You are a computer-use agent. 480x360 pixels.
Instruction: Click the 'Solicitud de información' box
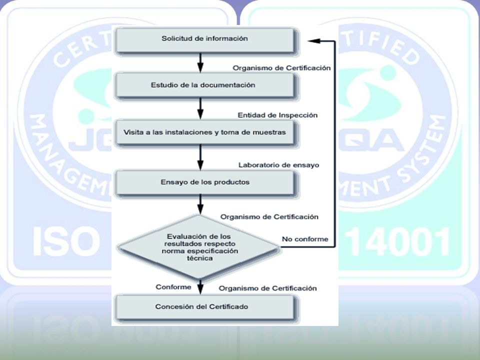pyautogui.click(x=205, y=40)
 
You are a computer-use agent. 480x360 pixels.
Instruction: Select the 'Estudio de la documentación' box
pyautogui.click(x=205, y=86)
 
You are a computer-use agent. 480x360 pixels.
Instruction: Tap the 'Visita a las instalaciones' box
pyautogui.click(x=205, y=133)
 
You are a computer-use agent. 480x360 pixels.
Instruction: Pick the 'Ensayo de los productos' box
pyautogui.click(x=205, y=183)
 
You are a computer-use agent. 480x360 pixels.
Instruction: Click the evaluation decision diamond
pyautogui.click(x=199, y=247)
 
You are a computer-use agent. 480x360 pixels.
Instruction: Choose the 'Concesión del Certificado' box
pyautogui.click(x=205, y=307)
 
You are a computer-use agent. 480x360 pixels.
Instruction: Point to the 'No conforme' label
pyautogui.click(x=305, y=239)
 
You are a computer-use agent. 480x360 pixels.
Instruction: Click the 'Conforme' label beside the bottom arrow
pyautogui.click(x=173, y=287)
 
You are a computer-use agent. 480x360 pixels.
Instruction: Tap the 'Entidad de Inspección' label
pyautogui.click(x=277, y=115)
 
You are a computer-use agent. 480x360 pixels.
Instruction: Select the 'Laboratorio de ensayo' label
pyautogui.click(x=279, y=165)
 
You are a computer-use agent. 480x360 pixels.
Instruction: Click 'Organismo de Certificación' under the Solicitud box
pyautogui.click(x=281, y=68)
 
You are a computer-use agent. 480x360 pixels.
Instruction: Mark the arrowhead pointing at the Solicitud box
pyautogui.click(x=314, y=40)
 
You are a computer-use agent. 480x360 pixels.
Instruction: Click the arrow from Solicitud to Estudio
pyautogui.click(x=200, y=63)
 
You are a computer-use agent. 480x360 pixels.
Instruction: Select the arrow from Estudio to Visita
pyautogui.click(x=200, y=109)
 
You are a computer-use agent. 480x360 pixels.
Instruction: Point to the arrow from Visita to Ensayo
pyautogui.click(x=200, y=157)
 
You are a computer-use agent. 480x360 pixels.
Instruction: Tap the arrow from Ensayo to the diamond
pyautogui.click(x=200, y=204)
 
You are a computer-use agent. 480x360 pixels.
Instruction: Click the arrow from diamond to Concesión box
pyautogui.click(x=200, y=287)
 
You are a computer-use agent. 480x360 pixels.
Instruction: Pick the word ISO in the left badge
pyautogui.click(x=66, y=242)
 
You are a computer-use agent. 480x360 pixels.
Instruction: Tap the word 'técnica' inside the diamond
pyautogui.click(x=199, y=258)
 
